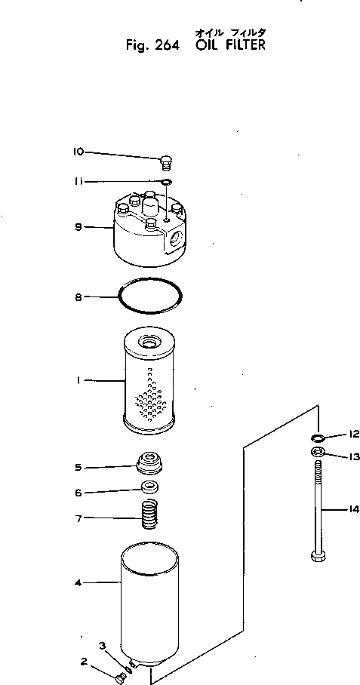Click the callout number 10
coord(78,152)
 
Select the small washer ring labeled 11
coord(166,182)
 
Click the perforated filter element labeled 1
coord(152,385)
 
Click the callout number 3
coord(103,644)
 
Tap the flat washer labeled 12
coord(317,437)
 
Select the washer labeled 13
coord(318,453)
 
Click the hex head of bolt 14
coord(316,558)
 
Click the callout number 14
coord(354,509)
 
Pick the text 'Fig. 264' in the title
coord(152,45)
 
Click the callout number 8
coord(78,298)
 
